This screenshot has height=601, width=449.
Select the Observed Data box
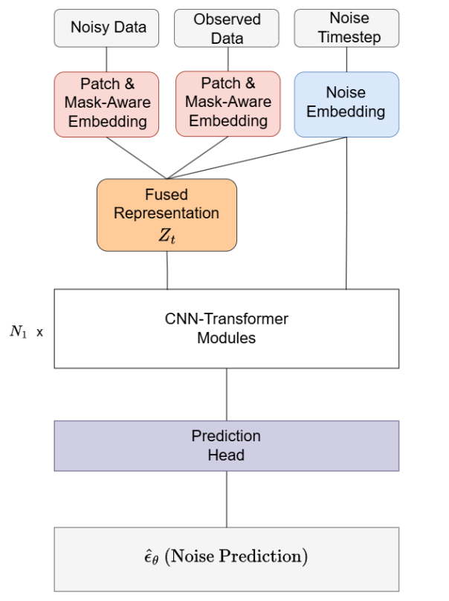[x=227, y=28]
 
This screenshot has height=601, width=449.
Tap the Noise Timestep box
[x=346, y=28]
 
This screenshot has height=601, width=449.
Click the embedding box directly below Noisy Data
[x=107, y=104]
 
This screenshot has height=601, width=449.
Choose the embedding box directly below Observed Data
[x=227, y=104]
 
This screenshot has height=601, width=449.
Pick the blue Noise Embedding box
[x=346, y=104]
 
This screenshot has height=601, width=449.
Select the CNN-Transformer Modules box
[x=227, y=328]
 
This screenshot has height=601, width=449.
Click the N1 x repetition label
[x=26, y=332]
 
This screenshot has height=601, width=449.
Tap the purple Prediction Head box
[x=227, y=445]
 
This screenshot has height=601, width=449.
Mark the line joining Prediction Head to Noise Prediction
[x=227, y=498]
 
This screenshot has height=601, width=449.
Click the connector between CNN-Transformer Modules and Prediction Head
[x=227, y=394]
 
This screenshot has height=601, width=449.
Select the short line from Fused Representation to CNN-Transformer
[x=167, y=270]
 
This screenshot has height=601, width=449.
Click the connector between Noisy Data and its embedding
[x=107, y=59]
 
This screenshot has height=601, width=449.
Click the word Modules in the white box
[x=227, y=338]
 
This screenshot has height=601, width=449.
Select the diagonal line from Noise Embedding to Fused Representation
[x=260, y=157]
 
